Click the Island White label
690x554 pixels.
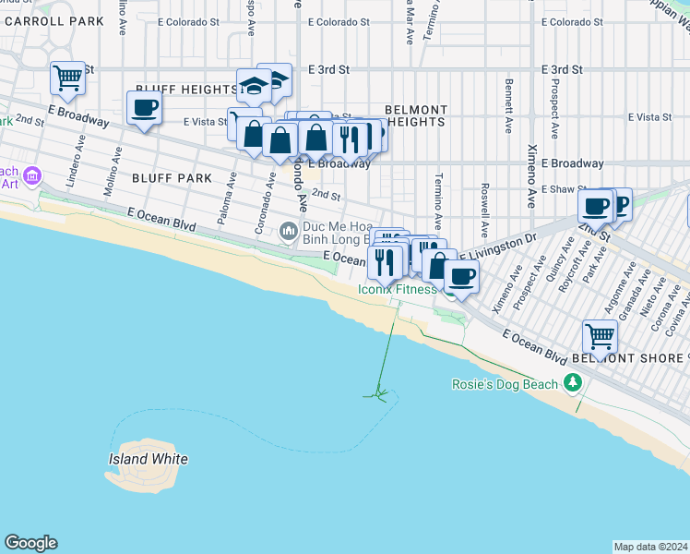149,459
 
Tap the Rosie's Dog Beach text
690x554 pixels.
505,384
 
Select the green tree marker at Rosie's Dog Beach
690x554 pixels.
573,381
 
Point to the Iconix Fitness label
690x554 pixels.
398,290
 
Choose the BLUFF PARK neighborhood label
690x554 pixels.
172,177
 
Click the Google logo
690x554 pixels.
30,543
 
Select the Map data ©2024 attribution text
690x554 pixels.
650,547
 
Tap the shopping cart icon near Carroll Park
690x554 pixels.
68,79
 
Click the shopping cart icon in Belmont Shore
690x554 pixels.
600,337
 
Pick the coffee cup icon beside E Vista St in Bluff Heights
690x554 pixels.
144,108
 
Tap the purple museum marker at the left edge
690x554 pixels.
32,175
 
